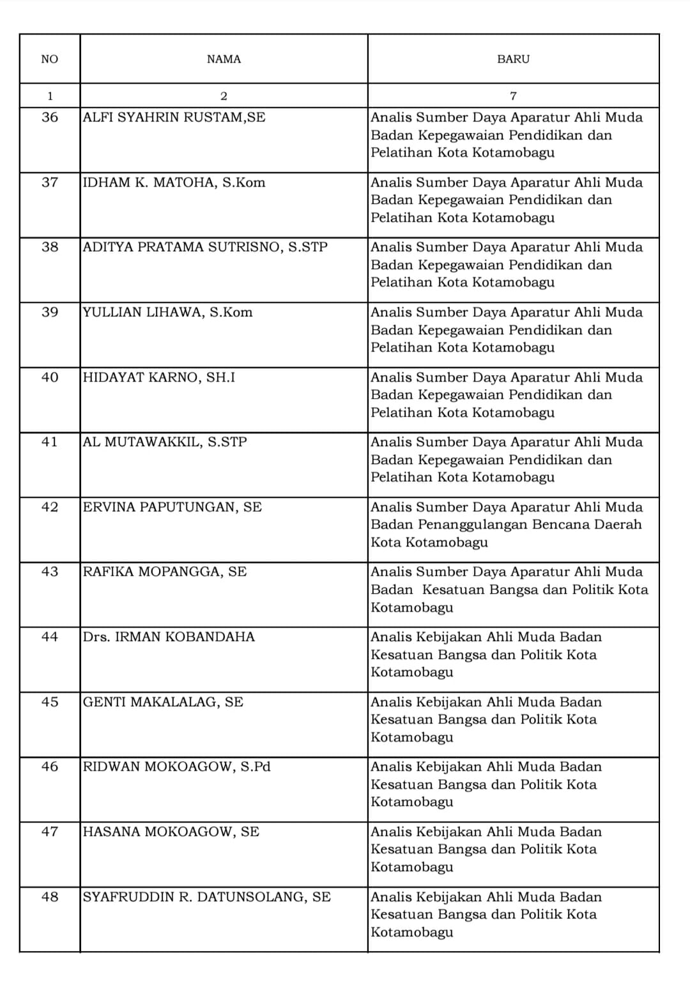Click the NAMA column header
pos(224,59)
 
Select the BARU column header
pos(513,59)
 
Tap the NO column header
pos(49,59)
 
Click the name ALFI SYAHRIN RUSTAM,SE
pos(174,118)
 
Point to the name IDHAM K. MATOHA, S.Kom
pos(174,183)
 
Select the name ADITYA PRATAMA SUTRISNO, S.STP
pos(205,247)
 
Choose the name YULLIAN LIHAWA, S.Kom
pos(167,313)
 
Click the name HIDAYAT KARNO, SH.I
pos(159,378)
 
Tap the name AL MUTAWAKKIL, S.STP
pos(165,442)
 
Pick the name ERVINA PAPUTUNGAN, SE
pos(172,507)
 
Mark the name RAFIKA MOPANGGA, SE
pos(165,572)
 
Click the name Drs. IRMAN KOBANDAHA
pos(169,637)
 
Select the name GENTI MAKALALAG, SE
pos(163,702)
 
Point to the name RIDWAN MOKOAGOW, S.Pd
pos(177,767)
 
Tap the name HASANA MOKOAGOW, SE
pos(171,832)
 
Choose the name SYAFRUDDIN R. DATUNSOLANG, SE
pos(207,897)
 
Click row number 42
pos(50,507)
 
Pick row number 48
pos(50,897)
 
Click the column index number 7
pos(513,97)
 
